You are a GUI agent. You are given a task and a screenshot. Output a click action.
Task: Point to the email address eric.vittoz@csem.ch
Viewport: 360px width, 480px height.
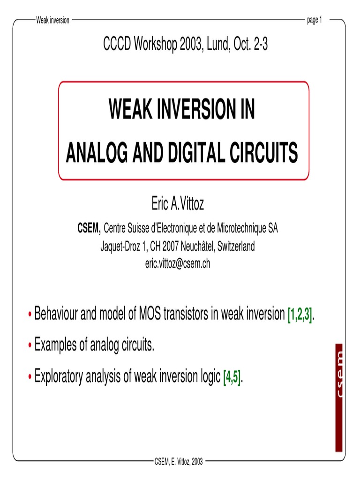(178, 264)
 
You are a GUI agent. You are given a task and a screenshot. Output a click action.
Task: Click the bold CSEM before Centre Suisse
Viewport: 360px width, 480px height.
(89, 229)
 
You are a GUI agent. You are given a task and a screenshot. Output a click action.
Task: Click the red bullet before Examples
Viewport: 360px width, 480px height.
(31, 346)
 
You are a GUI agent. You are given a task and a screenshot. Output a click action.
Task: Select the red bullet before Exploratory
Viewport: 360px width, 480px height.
(31, 377)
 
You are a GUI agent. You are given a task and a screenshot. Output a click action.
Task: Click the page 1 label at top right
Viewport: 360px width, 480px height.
(314, 20)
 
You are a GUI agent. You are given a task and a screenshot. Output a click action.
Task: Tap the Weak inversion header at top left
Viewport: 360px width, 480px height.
(52, 20)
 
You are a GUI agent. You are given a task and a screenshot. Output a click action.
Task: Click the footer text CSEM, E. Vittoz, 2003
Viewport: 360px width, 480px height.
(179, 462)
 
